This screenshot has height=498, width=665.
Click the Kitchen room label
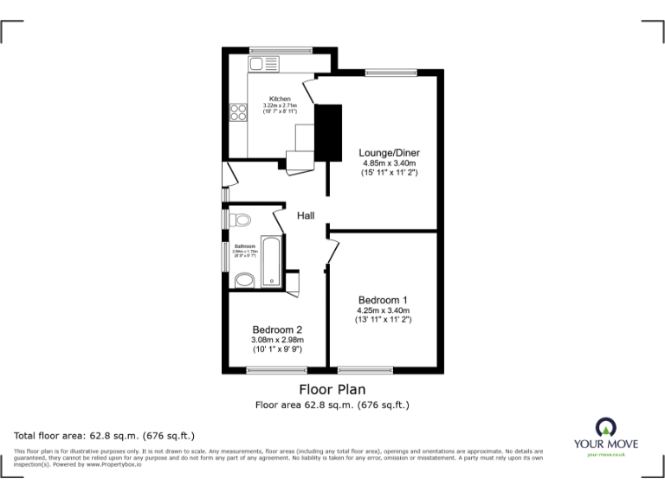pyautogui.click(x=280, y=99)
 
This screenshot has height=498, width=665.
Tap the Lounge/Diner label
pyautogui.click(x=389, y=152)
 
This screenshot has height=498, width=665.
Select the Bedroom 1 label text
pyautogui.click(x=383, y=300)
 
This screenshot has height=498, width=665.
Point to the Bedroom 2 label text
pyautogui.click(x=277, y=329)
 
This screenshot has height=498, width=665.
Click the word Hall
pyautogui.click(x=306, y=215)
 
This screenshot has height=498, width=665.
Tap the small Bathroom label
pyautogui.click(x=245, y=246)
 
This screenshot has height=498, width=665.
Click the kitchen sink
pyautogui.click(x=261, y=64)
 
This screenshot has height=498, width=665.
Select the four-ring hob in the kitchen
pyautogui.click(x=238, y=112)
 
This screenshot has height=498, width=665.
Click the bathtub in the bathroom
pyautogui.click(x=271, y=259)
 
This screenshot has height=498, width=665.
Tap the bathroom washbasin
pyautogui.click(x=244, y=279)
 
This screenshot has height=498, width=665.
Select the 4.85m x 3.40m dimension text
pyautogui.click(x=389, y=163)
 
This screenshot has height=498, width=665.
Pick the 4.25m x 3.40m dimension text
pyautogui.click(x=383, y=310)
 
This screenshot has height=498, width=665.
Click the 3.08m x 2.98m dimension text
pyautogui.click(x=277, y=340)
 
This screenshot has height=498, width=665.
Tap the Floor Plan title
pyautogui.click(x=332, y=389)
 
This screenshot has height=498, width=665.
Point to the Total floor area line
pyautogui.click(x=105, y=435)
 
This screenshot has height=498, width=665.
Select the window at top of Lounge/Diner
pyautogui.click(x=381, y=72)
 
